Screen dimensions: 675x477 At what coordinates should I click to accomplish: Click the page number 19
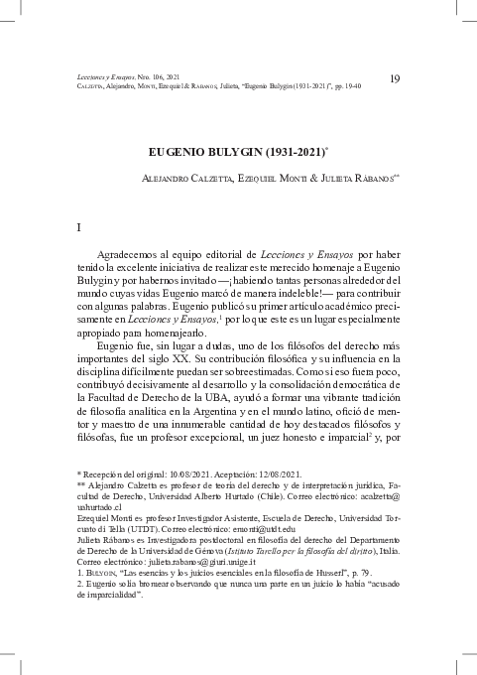pyautogui.click(x=395, y=78)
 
